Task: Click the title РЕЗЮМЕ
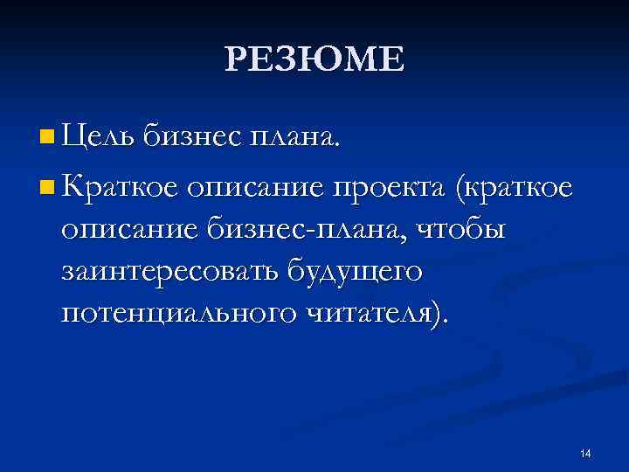click(314, 60)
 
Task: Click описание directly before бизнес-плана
click(131, 230)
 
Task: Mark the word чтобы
click(463, 228)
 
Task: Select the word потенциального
click(180, 314)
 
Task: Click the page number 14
click(585, 453)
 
